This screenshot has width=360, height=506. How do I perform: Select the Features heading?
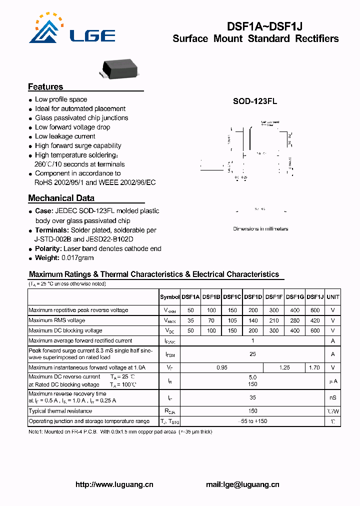[45, 86]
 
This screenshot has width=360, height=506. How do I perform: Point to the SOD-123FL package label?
[255, 101]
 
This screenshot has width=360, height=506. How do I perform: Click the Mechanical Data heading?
[61, 198]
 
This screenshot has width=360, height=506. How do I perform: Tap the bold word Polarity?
[48, 248]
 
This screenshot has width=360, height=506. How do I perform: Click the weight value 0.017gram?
[77, 258]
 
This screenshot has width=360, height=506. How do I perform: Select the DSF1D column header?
[253, 297]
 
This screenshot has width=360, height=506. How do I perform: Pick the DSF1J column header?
[315, 297]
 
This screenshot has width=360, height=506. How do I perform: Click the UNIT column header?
[332, 297]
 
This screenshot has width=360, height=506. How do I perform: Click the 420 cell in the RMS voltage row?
[315, 320]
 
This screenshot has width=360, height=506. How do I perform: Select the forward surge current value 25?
[252, 354]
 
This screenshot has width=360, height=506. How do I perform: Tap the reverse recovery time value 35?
[252, 398]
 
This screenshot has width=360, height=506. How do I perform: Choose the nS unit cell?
[332, 398]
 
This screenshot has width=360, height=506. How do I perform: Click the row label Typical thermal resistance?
[60, 411]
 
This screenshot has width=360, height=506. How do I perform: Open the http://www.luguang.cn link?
[114, 484]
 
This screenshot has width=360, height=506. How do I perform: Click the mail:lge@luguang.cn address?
[242, 484]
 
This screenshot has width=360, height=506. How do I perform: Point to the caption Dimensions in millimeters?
[260, 229]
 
